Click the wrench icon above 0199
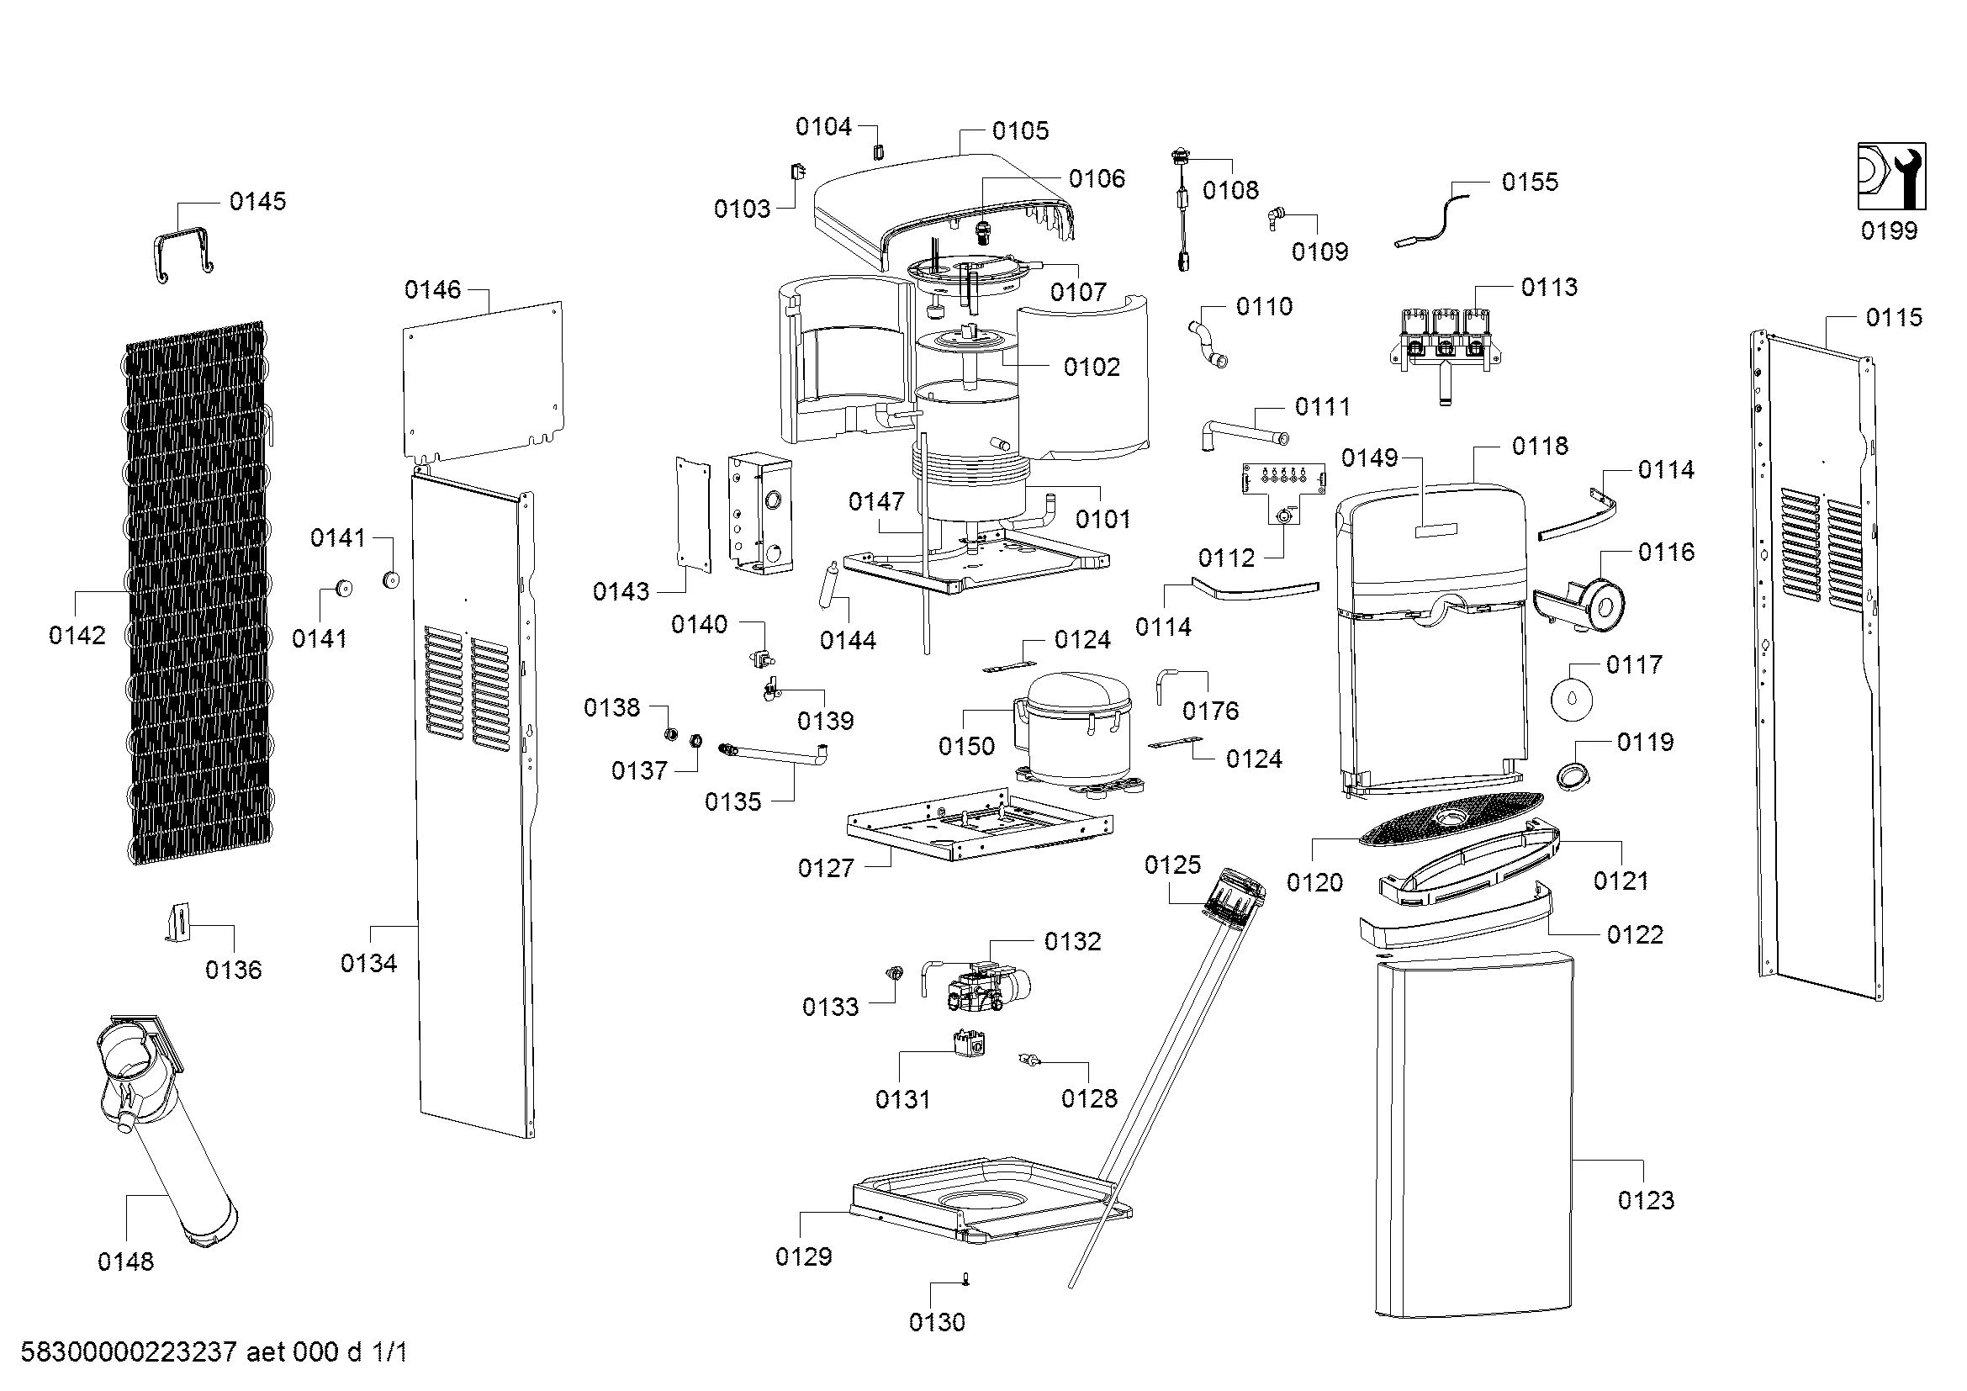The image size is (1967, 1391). tap(1890, 177)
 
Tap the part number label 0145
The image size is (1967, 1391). tap(258, 201)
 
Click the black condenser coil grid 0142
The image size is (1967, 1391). tap(196, 593)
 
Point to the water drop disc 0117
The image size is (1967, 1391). tap(1572, 699)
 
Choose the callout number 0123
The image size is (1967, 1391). tap(1646, 1200)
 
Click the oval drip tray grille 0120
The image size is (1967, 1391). tap(1451, 819)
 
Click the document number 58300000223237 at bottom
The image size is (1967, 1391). tap(129, 1352)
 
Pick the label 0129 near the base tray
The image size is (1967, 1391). tap(804, 1256)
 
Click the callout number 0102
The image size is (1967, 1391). tap(1092, 367)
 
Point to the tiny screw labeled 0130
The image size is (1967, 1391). tap(966, 1279)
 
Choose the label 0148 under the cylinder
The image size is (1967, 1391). tap(126, 1261)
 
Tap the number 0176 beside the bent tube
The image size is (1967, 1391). tap(1210, 710)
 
